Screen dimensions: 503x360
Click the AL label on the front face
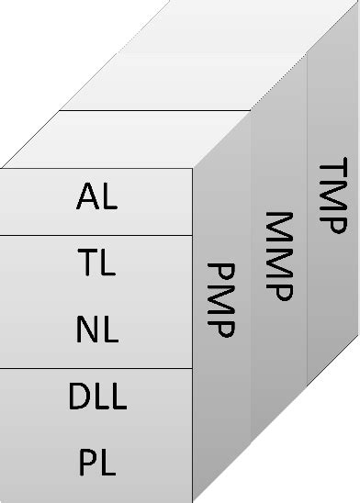[96, 197]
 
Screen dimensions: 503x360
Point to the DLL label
[96, 397]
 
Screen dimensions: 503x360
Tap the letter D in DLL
[78, 397]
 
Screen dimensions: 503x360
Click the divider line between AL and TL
[96, 235]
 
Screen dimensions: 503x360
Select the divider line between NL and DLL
[96, 368]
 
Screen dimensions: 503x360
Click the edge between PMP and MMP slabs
[251, 275]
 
